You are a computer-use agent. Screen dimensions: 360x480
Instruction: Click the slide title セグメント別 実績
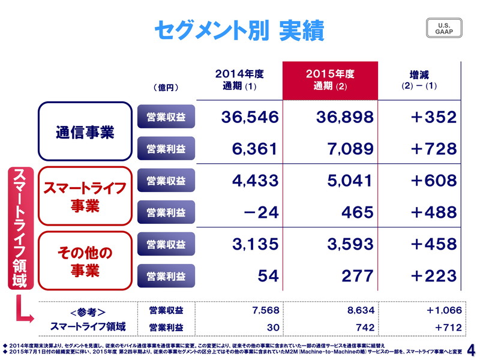pos(238,30)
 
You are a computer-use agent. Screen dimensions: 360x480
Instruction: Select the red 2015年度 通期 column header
pos(330,80)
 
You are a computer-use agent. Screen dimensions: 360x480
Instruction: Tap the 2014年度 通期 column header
pos(239,80)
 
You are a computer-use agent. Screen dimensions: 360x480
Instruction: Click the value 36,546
pos(250,117)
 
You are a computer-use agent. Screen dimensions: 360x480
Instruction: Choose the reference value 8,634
pos(361,310)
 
